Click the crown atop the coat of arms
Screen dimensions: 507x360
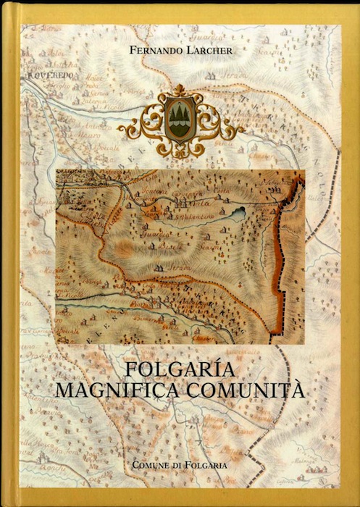pyautogui.click(x=180, y=91)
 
